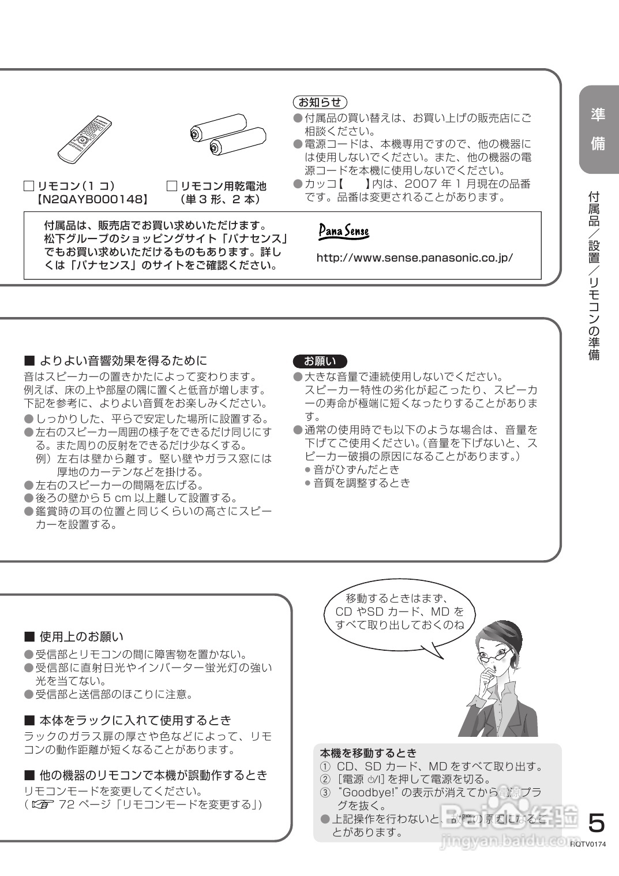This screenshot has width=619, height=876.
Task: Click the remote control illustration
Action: [x=85, y=140]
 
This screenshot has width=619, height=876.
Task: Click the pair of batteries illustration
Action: [x=227, y=136]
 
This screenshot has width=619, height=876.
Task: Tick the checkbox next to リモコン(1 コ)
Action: [x=29, y=186]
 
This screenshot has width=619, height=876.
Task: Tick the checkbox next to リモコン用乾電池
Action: [x=171, y=186]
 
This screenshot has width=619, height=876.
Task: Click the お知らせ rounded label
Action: [x=320, y=102]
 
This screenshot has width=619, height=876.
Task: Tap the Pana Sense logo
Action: [x=343, y=232]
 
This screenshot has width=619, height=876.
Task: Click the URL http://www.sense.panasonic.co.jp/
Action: [x=414, y=258]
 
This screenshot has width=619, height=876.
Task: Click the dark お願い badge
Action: [x=320, y=361]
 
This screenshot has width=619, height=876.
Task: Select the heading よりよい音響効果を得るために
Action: [x=122, y=361]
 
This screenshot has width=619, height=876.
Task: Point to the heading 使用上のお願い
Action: [x=81, y=637]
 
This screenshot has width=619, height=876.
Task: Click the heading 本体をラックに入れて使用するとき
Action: [x=134, y=720]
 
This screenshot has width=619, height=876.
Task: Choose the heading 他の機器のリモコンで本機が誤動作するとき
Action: [x=153, y=775]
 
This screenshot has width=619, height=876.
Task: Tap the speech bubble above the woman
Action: [x=399, y=612]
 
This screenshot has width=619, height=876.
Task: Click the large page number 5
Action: [x=597, y=822]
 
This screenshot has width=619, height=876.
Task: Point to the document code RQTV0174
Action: [x=589, y=844]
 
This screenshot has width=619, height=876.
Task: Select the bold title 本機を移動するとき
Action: [x=368, y=753]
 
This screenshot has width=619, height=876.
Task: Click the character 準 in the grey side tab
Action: [x=598, y=114]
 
